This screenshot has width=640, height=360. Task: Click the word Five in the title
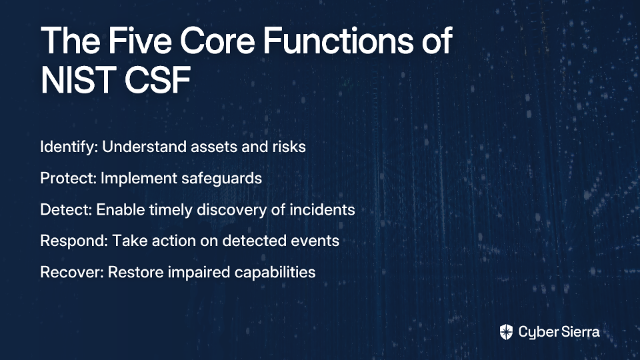tap(139, 41)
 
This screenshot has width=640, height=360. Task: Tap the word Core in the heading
tap(217, 41)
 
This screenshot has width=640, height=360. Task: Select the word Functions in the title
tap(339, 41)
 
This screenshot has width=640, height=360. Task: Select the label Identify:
tap(69, 147)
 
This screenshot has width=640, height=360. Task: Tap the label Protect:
tap(68, 179)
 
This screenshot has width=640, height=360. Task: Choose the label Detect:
tap(66, 210)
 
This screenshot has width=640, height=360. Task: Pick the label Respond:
tap(74, 241)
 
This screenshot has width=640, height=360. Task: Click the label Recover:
tap(72, 272)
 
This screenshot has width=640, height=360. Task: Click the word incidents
tap(322, 210)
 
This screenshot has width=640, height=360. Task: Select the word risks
tap(289, 147)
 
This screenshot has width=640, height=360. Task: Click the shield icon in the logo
tap(506, 332)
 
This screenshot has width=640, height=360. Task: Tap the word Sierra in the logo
tap(579, 332)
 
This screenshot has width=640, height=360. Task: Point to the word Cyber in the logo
tap(537, 333)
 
